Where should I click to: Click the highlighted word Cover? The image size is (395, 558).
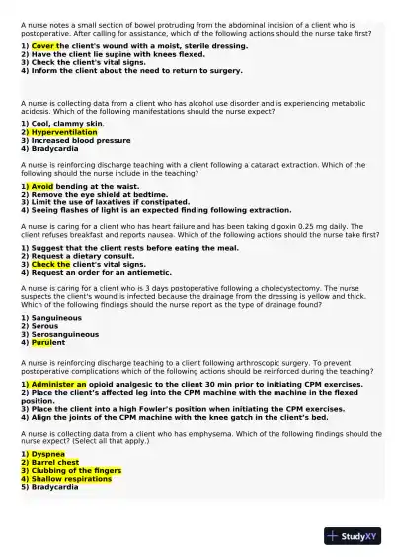43,46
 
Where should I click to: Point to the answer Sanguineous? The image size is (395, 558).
56,319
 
